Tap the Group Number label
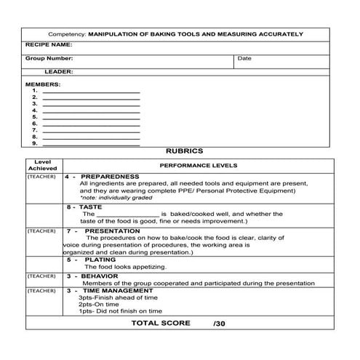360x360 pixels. point(49,58)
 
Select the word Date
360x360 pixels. point(244,58)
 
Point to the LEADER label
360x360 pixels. point(58,72)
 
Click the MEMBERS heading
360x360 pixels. point(43,84)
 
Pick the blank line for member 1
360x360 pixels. point(91,91)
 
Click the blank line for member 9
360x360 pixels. point(91,143)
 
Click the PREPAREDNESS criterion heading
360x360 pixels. point(109,177)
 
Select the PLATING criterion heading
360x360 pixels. point(100,259)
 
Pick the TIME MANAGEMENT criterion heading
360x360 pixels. point(116,290)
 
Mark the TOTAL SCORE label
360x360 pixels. point(161,323)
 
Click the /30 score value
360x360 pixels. point(220,324)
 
